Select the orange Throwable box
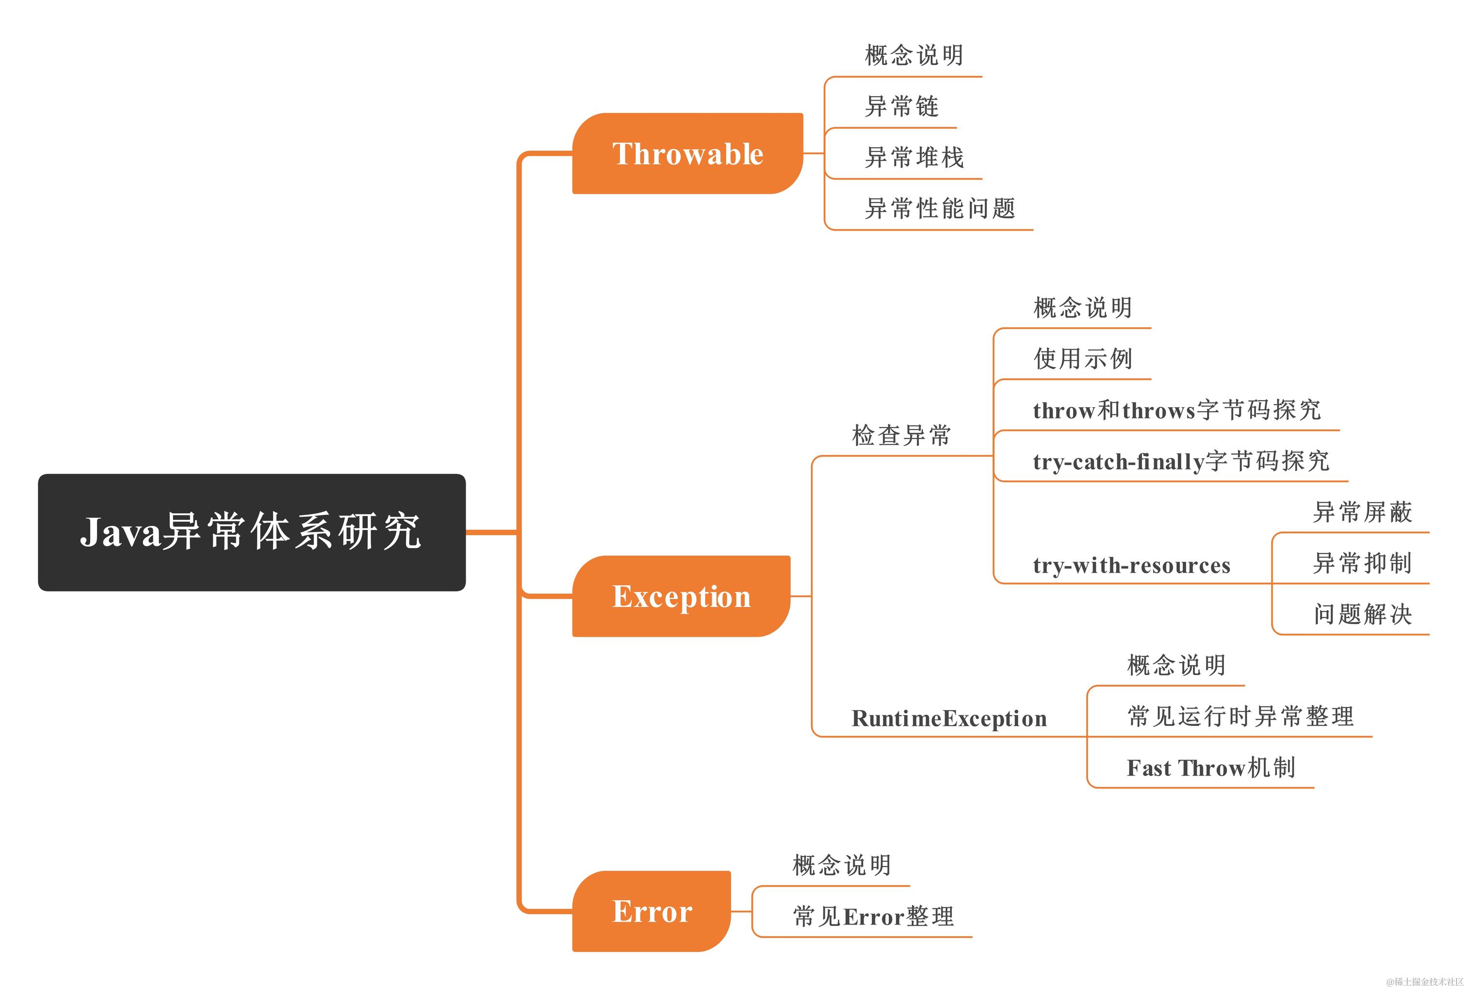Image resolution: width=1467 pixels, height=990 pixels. point(686,153)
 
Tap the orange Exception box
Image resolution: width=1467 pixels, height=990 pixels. point(681,596)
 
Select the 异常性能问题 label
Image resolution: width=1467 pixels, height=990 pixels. point(940,208)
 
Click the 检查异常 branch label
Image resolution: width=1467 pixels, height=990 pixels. point(900,435)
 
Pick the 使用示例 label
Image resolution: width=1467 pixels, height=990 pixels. point(1082,359)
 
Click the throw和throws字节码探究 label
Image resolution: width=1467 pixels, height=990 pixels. point(1176,410)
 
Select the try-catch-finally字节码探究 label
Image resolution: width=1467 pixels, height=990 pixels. point(1181,461)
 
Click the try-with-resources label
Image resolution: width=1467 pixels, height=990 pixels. point(1131,564)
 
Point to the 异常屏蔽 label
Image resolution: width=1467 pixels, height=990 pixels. point(1362,511)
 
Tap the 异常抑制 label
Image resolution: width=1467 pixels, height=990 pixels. point(1362,562)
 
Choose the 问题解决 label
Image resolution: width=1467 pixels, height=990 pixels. point(1362,614)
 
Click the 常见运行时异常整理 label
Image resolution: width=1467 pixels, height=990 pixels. point(1240,716)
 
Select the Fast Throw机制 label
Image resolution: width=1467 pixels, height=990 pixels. point(1210,768)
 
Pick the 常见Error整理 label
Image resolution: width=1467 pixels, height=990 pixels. point(873,916)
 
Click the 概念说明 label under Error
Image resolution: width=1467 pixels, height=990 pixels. point(841,865)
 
